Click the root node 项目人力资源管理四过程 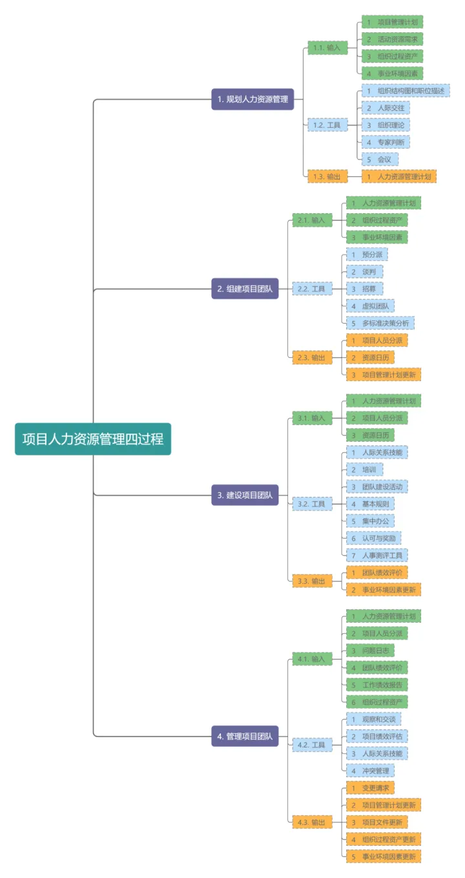click(x=93, y=439)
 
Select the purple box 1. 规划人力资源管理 click(x=253, y=99)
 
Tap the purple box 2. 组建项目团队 click(x=245, y=289)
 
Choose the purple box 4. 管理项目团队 click(x=245, y=736)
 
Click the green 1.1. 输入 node click(x=328, y=47)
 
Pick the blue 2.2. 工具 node click(x=313, y=289)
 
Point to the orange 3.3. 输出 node click(x=312, y=581)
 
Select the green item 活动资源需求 click(x=392, y=39)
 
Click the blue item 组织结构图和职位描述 click(x=406, y=90)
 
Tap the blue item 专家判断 click(x=386, y=141)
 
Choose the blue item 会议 click(x=380, y=159)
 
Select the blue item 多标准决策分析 click(x=380, y=323)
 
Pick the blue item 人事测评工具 click(x=377, y=555)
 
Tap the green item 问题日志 click(x=368, y=650)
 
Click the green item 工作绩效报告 click(x=377, y=684)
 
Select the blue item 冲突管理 click(x=370, y=770)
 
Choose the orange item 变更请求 click(x=370, y=788)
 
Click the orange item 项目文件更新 click(x=377, y=822)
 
